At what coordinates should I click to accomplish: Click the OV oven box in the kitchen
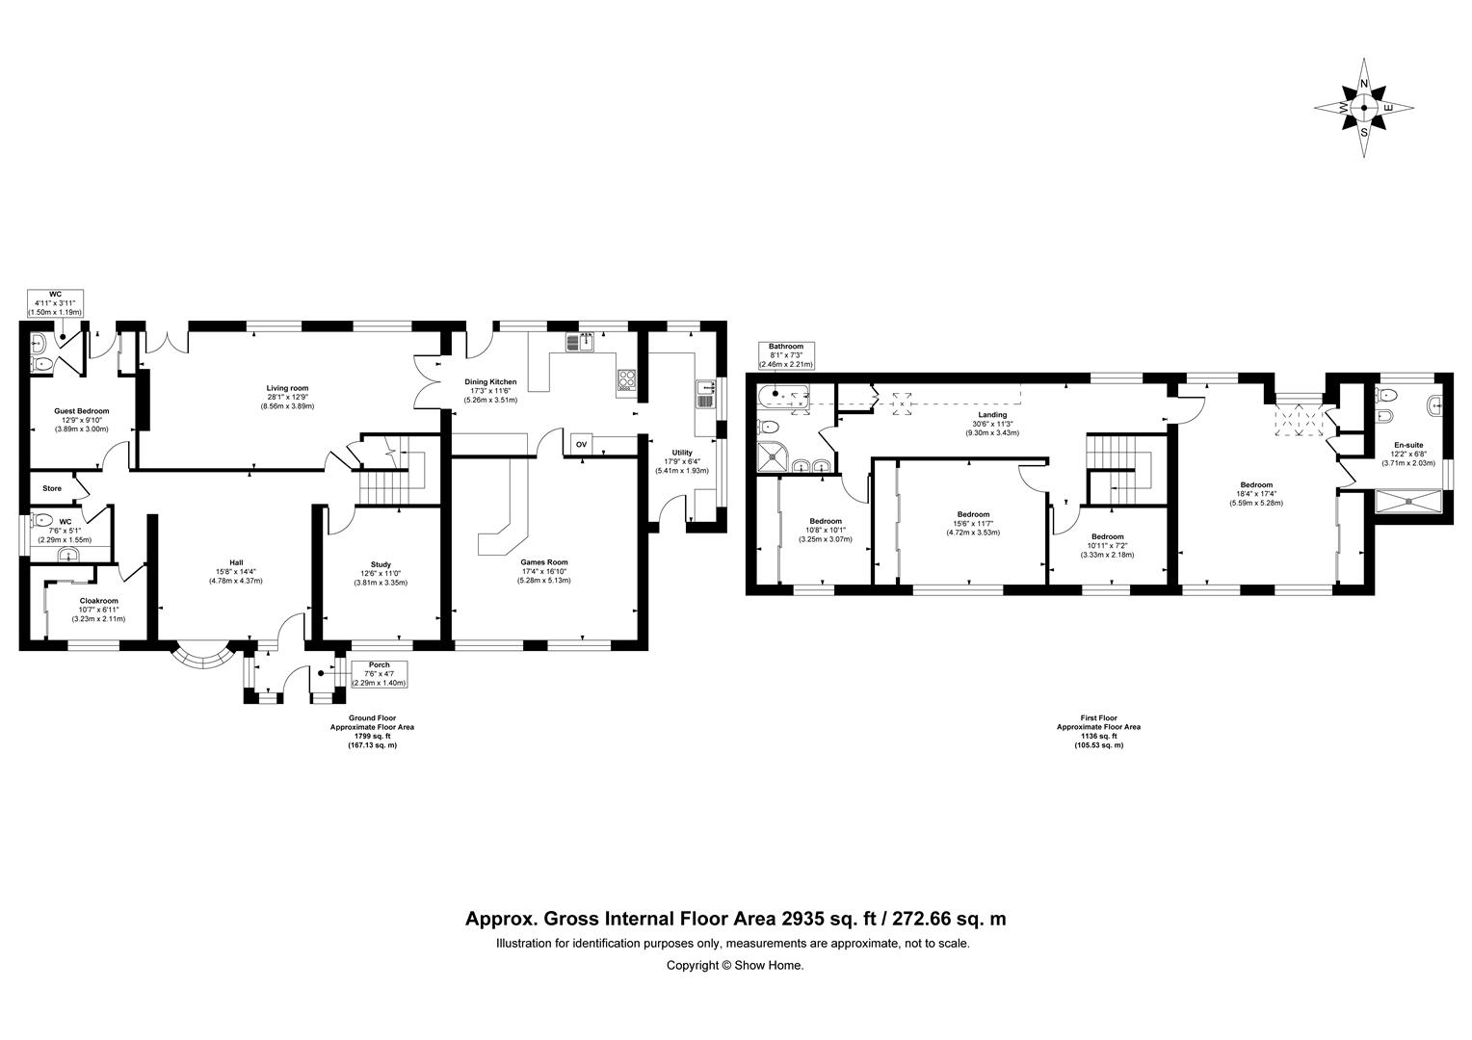click(x=581, y=444)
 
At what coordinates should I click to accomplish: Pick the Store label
click(x=52, y=488)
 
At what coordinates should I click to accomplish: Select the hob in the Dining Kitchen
click(x=626, y=379)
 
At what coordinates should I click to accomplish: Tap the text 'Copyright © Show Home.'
click(x=735, y=965)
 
